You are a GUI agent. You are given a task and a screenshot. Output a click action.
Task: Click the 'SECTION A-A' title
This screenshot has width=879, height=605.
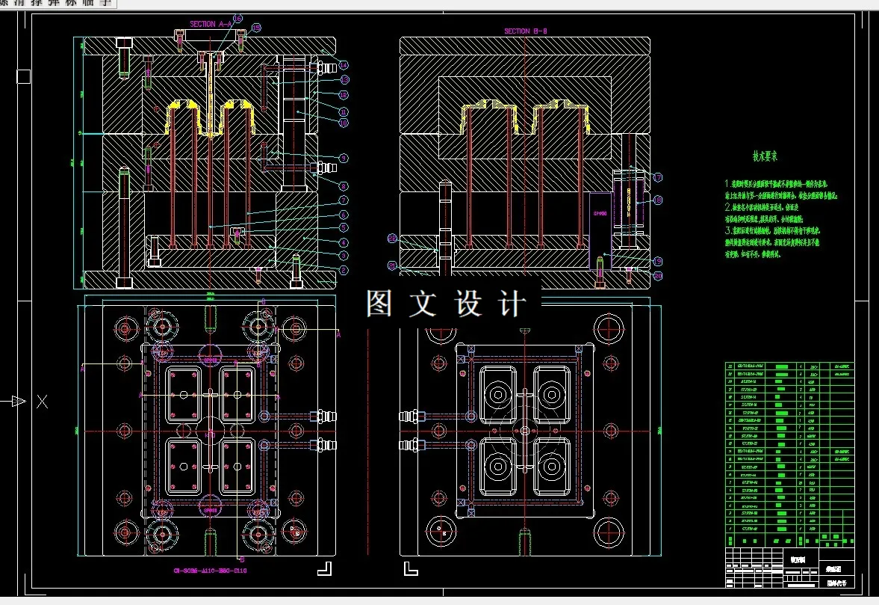[212, 24]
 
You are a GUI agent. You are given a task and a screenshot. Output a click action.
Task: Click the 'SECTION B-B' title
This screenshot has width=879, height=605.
[527, 31]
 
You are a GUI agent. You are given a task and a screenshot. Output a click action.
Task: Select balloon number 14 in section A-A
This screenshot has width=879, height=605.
[344, 64]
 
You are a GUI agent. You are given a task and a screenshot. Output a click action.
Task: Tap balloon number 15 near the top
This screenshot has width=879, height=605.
[256, 28]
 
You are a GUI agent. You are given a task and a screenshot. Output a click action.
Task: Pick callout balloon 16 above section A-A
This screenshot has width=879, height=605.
[237, 17]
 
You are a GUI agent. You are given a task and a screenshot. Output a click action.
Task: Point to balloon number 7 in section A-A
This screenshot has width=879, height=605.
[344, 200]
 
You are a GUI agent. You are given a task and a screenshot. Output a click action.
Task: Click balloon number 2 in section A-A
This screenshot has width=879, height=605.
[344, 269]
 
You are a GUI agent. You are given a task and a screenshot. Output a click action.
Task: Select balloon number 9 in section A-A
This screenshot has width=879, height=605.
[344, 158]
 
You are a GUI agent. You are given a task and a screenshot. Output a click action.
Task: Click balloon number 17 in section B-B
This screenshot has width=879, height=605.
[658, 177]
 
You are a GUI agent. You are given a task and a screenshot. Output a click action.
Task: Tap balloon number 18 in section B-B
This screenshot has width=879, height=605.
[658, 200]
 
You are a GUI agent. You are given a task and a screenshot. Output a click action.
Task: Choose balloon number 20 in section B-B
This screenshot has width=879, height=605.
[658, 275]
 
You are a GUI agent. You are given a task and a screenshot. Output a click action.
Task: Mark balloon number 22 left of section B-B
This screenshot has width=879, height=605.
[392, 238]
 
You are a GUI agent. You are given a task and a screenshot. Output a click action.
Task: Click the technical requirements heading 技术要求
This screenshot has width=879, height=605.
[765, 157]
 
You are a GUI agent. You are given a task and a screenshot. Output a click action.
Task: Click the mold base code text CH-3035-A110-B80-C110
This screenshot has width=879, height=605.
[210, 571]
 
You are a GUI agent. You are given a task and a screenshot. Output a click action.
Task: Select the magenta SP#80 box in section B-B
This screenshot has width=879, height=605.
[600, 214]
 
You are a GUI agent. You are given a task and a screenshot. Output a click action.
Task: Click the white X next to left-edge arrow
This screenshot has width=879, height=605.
[42, 402]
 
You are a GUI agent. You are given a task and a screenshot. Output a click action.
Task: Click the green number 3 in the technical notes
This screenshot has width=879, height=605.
[727, 232]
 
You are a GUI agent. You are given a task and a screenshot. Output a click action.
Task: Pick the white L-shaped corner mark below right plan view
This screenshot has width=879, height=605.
[411, 568]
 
